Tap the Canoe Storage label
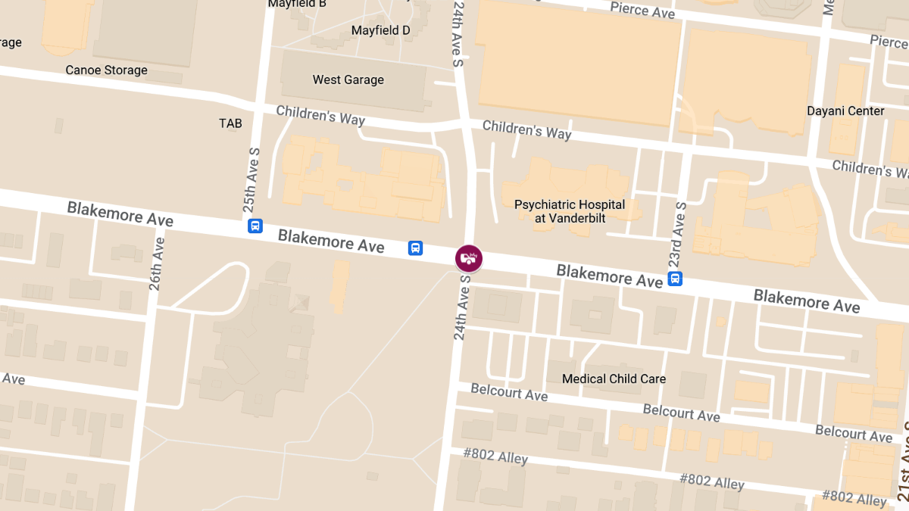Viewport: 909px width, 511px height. [x=106, y=70]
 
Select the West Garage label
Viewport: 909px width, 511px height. [x=348, y=79]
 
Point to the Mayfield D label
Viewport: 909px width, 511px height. [x=380, y=30]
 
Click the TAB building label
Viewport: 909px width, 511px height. [x=230, y=123]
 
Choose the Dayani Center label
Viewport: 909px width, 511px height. [x=845, y=111]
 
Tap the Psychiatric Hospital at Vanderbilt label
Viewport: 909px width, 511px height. [x=570, y=211]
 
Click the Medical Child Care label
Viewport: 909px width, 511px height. [x=614, y=379]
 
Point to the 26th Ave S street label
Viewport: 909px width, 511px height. [x=157, y=260]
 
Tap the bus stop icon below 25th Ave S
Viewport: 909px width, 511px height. [x=255, y=226]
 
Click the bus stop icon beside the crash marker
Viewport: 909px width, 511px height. [x=415, y=248]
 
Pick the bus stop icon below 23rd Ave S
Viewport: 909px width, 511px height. [x=675, y=279]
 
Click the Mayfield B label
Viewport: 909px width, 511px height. [x=297, y=4]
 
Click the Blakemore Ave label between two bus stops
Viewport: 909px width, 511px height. [x=331, y=240]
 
